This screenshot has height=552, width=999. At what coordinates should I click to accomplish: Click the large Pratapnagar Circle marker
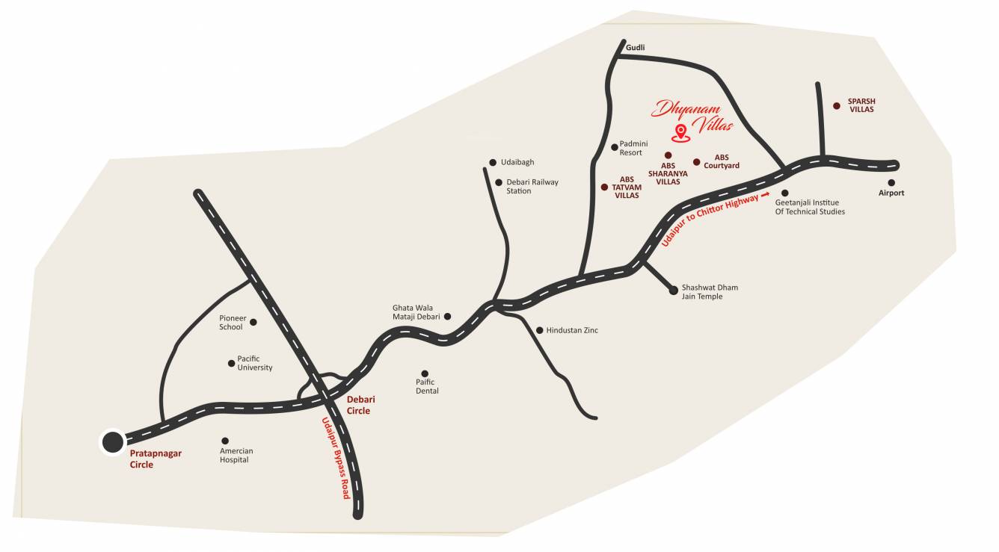pyautogui.click(x=113, y=442)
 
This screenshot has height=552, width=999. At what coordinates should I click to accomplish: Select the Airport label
pyautogui.click(x=891, y=193)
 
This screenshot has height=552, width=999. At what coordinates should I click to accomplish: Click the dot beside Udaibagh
pyautogui.click(x=493, y=163)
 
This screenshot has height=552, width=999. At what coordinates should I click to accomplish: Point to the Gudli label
pyautogui.click(x=635, y=47)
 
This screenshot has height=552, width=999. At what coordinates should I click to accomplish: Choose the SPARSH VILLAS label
pyautogui.click(x=861, y=105)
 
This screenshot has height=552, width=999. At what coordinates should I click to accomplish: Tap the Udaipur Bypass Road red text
pyautogui.click(x=336, y=457)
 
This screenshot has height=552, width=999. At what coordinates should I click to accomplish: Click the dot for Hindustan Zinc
pyautogui.click(x=539, y=330)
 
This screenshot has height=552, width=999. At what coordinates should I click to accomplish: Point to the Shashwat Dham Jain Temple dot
pyautogui.click(x=673, y=289)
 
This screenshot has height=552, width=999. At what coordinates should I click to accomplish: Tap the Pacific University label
pyautogui.click(x=254, y=363)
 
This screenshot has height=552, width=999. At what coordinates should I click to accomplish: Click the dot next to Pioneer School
pyautogui.click(x=253, y=322)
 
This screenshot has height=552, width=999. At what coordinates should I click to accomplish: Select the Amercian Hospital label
pyautogui.click(x=236, y=456)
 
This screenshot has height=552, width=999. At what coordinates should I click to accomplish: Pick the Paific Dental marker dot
pyautogui.click(x=425, y=373)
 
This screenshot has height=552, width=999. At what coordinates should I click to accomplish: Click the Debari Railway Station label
pyautogui.click(x=532, y=186)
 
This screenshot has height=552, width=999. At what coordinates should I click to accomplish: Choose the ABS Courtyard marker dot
pyautogui.click(x=696, y=162)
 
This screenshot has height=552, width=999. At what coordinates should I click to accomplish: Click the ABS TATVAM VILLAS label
pyautogui.click(x=627, y=187)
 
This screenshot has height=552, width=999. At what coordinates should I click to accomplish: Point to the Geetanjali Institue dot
pyautogui.click(x=784, y=193)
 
